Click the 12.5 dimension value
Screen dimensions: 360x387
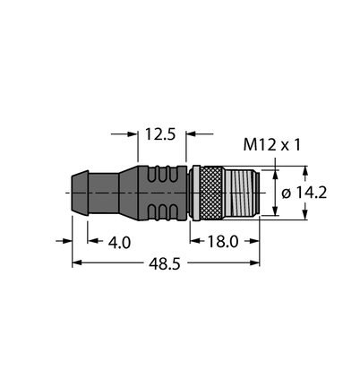160,134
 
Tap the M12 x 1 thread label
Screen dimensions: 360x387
271,145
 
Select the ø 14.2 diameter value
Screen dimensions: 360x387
304,193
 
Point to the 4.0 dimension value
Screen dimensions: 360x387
119,242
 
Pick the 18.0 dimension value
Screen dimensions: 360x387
223,241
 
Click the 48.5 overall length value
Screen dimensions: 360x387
165,263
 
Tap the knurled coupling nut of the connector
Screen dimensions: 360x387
211,193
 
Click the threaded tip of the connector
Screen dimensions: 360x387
242,193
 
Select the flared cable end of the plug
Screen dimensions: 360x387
80,193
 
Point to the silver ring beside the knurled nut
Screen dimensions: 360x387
195,193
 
